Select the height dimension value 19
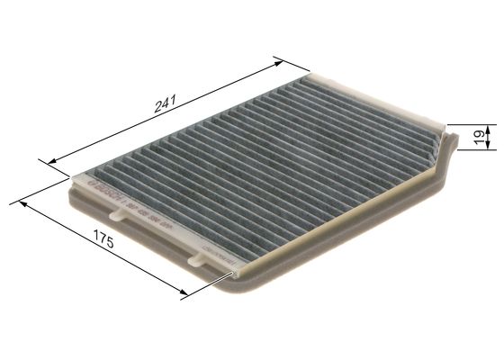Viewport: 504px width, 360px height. [478, 136]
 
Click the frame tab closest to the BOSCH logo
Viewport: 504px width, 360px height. [113, 214]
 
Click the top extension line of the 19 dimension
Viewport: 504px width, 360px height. [468, 124]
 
